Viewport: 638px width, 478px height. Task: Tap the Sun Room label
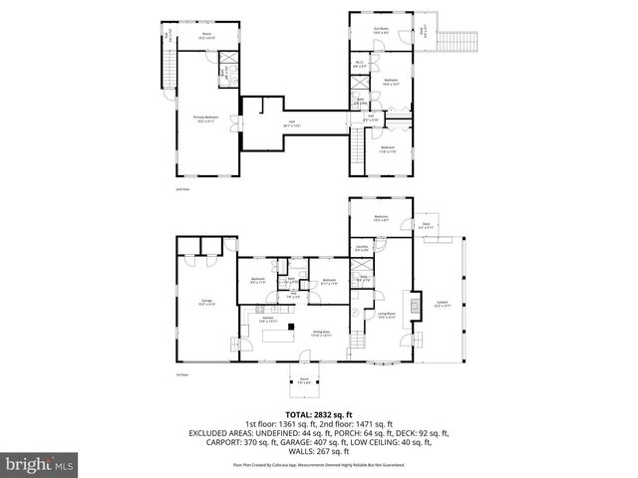(380, 30)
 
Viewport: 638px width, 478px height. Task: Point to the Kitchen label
(268, 320)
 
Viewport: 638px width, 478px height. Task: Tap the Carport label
(444, 304)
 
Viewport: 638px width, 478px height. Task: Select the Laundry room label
(363, 249)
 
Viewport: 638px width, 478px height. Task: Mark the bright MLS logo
(39, 464)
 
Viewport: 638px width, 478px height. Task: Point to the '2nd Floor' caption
(180, 188)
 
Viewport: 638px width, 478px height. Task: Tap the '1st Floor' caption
(180, 375)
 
